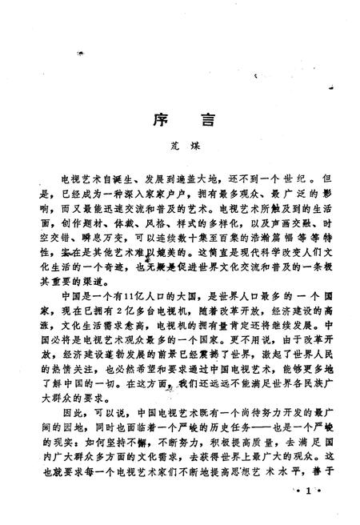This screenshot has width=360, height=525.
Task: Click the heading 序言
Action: pyautogui.click(x=179, y=122)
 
